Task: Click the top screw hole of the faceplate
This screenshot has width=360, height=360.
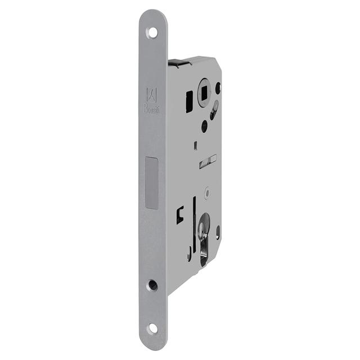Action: pyautogui.click(x=152, y=32)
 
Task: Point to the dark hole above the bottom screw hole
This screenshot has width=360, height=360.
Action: pyautogui.click(x=152, y=285)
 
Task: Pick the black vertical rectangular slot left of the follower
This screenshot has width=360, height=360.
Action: pyautogui.click(x=189, y=101)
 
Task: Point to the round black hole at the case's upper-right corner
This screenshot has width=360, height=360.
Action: pyautogui.click(x=218, y=87)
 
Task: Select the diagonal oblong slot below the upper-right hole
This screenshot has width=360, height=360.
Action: pyautogui.click(x=214, y=111)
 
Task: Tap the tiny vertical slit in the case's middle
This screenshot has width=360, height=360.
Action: pyautogui.click(x=195, y=147)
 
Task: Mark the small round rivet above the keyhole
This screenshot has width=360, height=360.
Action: pyautogui.click(x=208, y=193)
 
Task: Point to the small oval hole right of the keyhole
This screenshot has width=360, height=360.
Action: pyautogui.click(x=217, y=231)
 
